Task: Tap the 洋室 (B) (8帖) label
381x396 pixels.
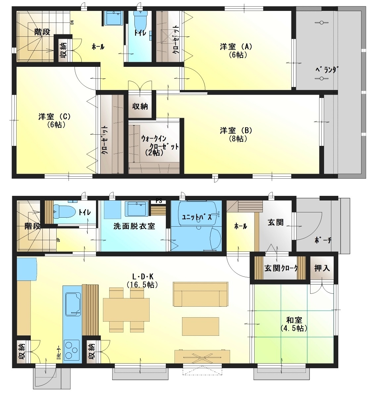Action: pyautogui.click(x=236, y=134)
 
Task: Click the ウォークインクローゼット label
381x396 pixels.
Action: pyautogui.click(x=160, y=145)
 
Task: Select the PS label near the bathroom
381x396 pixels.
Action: pyautogui.click(x=159, y=201)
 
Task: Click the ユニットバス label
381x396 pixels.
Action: pyautogui.click(x=197, y=217)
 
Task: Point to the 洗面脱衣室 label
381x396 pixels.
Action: pyautogui.click(x=134, y=226)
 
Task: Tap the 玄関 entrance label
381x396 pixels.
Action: pyautogui.click(x=276, y=223)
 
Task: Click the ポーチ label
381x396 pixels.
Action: pyautogui.click(x=323, y=240)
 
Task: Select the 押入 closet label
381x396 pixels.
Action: pyautogui.click(x=322, y=268)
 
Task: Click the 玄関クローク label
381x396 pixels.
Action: pyautogui.click(x=281, y=268)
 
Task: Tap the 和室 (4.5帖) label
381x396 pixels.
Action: pyautogui.click(x=294, y=324)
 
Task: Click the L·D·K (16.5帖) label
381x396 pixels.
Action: pyautogui.click(x=142, y=281)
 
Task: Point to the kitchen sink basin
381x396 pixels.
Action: pyautogui.click(x=73, y=304)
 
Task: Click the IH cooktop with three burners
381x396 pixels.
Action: pyautogui.click(x=72, y=350)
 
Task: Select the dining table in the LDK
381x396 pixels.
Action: pyautogui.click(x=126, y=310)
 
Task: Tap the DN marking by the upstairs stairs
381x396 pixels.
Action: pyautogui.click(x=72, y=22)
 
